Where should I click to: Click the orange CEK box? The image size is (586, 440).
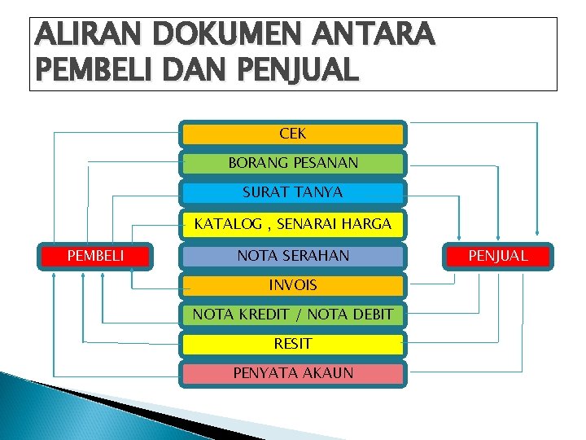pyautogui.click(x=292, y=134)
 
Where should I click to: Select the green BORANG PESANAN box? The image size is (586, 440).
pyautogui.click(x=292, y=163)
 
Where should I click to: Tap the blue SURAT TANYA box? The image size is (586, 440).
pyautogui.click(x=292, y=193)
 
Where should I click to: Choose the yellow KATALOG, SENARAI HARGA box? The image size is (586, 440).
pyautogui.click(x=292, y=223)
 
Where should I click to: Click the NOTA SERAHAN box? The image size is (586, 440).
pyautogui.click(x=292, y=256)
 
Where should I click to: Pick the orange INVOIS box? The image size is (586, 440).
pyautogui.click(x=292, y=285)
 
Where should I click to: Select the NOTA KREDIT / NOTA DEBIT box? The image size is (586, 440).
pyautogui.click(x=292, y=315)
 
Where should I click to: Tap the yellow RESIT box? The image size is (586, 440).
pyautogui.click(x=292, y=344)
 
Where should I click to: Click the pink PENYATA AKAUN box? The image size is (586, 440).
pyautogui.click(x=292, y=373)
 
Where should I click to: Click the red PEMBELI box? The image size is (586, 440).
pyautogui.click(x=95, y=256)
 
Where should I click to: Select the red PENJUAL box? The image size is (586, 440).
pyautogui.click(x=498, y=256)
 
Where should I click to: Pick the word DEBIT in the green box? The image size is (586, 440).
pyautogui.click(x=370, y=315)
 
